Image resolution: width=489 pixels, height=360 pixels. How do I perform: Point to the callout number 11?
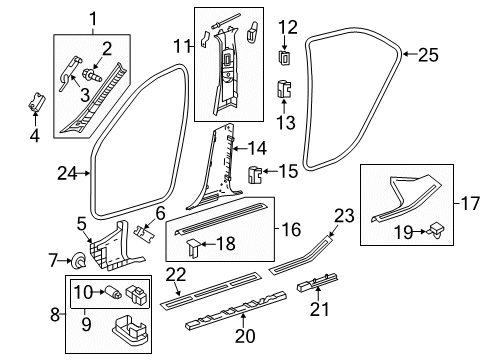pos(182,46)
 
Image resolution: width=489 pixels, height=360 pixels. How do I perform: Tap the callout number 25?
pos(455,55)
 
